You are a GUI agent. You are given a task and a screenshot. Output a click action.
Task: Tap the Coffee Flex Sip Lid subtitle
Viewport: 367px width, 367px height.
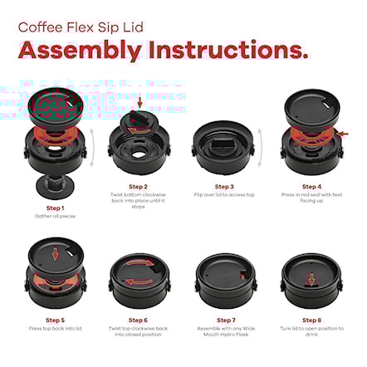[81, 27]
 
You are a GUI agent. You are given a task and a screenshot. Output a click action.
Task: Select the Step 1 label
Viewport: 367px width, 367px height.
[55, 207]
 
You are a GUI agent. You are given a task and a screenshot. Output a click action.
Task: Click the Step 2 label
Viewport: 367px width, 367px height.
[139, 187]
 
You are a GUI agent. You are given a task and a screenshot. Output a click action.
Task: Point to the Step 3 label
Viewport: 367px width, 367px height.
[224, 187]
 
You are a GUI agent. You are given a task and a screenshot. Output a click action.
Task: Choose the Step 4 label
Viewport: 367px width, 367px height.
[311, 187]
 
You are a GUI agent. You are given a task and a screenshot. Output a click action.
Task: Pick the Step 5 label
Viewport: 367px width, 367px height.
[55, 320]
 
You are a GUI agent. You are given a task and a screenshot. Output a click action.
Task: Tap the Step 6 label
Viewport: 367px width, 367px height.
[139, 320]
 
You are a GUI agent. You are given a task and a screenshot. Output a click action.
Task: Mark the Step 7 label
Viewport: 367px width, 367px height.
[225, 320]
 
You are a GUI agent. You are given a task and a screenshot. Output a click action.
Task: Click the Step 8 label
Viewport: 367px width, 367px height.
[311, 320]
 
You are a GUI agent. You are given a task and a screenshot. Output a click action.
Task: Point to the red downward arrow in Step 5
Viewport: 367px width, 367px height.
[55, 253]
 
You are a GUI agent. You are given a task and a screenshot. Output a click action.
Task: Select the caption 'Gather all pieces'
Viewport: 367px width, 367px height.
[55, 216]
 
